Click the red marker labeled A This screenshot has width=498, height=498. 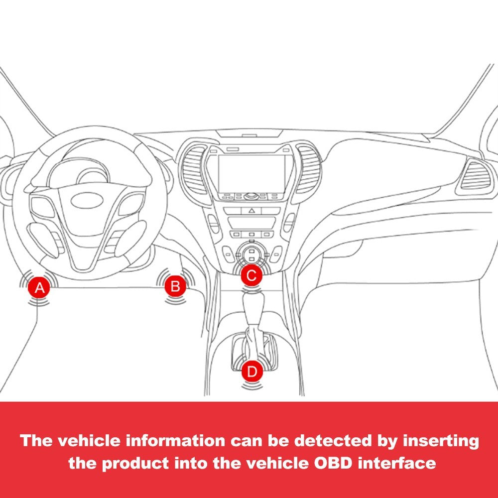(x=39, y=287)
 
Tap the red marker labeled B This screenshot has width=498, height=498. (x=175, y=286)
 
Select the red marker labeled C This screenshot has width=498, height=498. (x=251, y=275)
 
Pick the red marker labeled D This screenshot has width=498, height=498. (x=252, y=371)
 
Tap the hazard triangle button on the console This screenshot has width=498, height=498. (x=251, y=210)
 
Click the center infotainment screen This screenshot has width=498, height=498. (x=251, y=174)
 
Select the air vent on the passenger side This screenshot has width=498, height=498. (x=477, y=177)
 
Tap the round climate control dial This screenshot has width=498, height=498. (x=251, y=253)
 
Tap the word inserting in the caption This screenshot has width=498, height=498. (x=441, y=441)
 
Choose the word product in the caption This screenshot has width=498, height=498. (x=135, y=464)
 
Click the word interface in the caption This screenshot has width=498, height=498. (x=397, y=463)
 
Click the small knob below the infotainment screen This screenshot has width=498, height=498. (x=251, y=196)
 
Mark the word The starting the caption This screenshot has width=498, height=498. (x=36, y=441)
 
